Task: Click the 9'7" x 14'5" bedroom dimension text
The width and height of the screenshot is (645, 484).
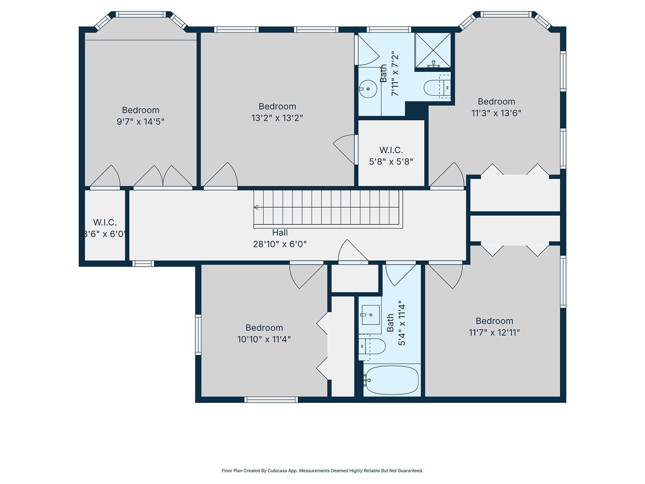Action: [140, 122]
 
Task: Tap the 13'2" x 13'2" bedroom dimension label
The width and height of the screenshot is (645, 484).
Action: [277, 118]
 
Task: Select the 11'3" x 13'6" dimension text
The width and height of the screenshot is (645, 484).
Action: [496, 113]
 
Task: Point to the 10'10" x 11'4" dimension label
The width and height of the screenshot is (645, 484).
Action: [264, 339]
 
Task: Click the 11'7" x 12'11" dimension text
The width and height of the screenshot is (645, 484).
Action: [494, 332]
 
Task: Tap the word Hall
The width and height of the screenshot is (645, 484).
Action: [280, 233]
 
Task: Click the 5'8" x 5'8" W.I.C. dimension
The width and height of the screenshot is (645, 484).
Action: [391, 162]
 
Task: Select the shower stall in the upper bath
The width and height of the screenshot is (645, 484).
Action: [433, 50]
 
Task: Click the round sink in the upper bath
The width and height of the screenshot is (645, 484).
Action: [368, 89]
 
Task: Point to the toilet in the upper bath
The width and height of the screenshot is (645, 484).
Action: [437, 87]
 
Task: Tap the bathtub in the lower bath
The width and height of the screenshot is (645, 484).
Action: [392, 380]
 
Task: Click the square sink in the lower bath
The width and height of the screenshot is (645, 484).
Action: [371, 315]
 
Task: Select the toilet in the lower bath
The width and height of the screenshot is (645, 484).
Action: [372, 346]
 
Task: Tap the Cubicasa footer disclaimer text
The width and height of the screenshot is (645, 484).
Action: [322, 471]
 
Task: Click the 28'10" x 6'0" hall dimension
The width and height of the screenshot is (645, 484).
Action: [280, 244]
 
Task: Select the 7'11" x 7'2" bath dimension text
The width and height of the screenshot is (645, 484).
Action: [395, 73]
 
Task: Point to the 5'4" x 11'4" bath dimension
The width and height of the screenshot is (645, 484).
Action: [402, 323]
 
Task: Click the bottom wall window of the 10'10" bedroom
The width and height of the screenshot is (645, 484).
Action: [271, 399]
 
